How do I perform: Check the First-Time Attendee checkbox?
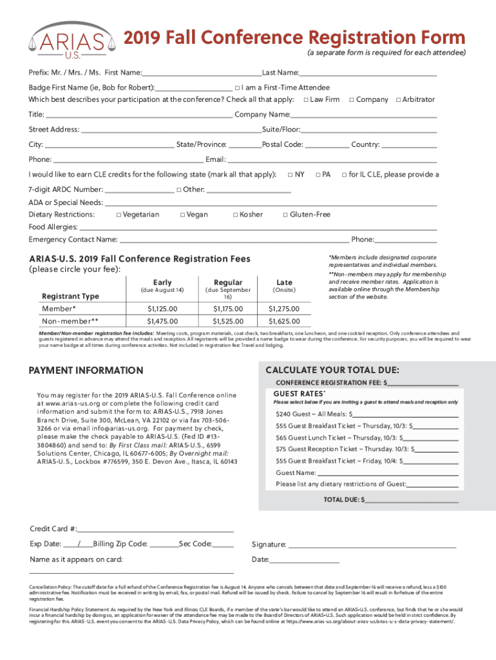238,88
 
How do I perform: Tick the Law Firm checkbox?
305,100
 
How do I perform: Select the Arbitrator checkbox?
398,100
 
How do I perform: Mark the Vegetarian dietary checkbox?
118,215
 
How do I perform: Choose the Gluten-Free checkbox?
285,215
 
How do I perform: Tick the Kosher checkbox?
235,215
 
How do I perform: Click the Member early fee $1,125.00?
162,309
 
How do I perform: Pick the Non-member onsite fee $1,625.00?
284,320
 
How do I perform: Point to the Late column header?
284,282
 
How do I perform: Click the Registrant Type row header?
70,296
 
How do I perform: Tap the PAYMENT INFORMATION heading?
86,371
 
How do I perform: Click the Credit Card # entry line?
155,529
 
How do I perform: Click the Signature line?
372,545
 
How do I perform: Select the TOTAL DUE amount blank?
412,500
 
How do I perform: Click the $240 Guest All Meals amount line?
406,414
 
